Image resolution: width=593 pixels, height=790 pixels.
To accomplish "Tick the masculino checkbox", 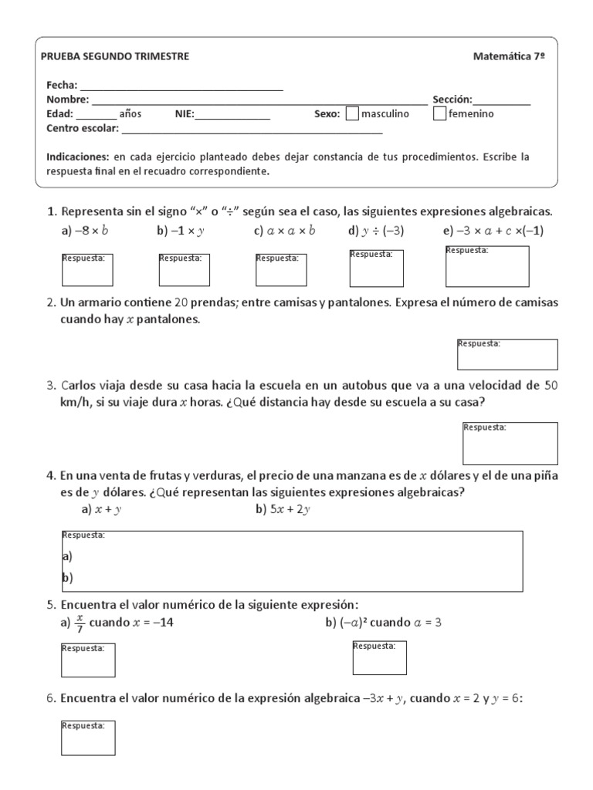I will (x=352, y=114).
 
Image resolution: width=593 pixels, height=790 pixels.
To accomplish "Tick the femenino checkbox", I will (x=439, y=114).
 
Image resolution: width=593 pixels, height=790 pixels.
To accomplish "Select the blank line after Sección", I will (x=502, y=100).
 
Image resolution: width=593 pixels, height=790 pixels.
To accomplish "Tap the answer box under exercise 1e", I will (x=487, y=266).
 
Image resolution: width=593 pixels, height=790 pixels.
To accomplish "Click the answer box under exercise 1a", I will (x=87, y=269).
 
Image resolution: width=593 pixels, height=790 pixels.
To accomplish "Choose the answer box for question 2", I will (x=507, y=354).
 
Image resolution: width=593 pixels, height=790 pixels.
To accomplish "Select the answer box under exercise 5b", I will (x=379, y=657).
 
